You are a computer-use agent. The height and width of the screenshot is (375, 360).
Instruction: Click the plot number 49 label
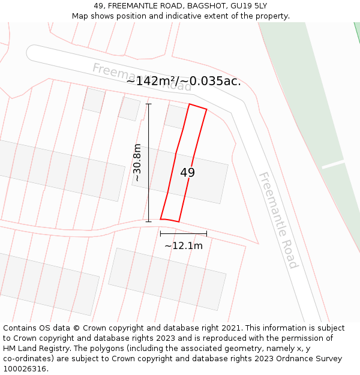coord(187,173)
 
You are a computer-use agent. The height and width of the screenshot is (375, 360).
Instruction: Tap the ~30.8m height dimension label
coord(137,163)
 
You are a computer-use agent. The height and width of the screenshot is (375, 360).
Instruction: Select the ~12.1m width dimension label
coord(184,245)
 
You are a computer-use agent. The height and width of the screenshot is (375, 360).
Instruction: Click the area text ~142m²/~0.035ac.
coord(184,81)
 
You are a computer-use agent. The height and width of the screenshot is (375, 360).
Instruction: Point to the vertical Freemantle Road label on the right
coord(278,220)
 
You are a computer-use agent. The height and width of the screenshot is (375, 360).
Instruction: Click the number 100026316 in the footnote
coord(25,369)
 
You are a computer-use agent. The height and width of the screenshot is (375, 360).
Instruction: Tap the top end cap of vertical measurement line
coord(149,104)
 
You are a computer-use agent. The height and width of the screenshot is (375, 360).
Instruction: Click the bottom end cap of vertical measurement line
coord(149,221)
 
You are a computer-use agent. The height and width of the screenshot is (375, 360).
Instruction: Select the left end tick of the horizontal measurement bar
coord(160,233)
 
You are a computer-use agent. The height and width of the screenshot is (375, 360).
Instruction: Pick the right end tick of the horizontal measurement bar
coord(206,233)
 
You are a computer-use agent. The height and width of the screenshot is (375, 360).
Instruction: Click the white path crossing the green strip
coord(333,164)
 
